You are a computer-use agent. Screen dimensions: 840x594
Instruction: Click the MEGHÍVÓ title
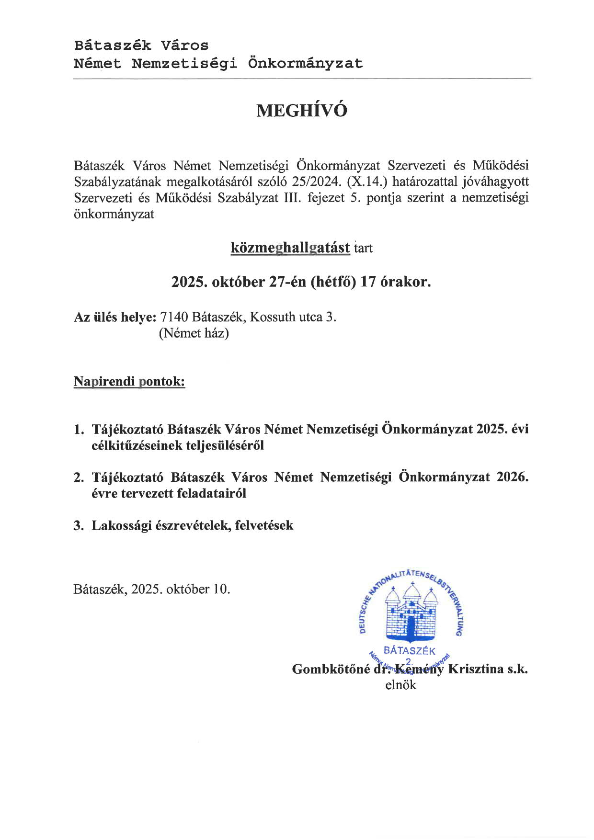(x=302, y=111)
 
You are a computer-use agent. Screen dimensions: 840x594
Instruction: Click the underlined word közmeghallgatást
(x=290, y=248)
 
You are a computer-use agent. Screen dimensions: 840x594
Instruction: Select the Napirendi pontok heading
(x=129, y=382)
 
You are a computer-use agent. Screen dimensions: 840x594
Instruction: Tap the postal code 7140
(x=174, y=317)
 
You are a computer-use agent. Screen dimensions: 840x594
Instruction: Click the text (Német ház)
(x=194, y=333)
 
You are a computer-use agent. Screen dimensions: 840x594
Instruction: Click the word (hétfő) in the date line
(x=333, y=282)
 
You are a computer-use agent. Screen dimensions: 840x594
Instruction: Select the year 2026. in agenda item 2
(x=512, y=477)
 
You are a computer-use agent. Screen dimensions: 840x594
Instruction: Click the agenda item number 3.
(x=79, y=525)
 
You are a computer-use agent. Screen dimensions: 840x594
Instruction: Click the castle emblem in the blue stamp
(x=411, y=614)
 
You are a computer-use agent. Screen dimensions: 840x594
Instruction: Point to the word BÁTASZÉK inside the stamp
(x=410, y=651)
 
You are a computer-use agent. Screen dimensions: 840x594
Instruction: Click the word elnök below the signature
(x=400, y=685)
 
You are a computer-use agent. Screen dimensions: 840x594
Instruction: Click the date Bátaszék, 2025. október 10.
(x=152, y=589)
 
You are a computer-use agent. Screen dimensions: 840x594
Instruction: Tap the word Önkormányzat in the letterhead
(x=305, y=63)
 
